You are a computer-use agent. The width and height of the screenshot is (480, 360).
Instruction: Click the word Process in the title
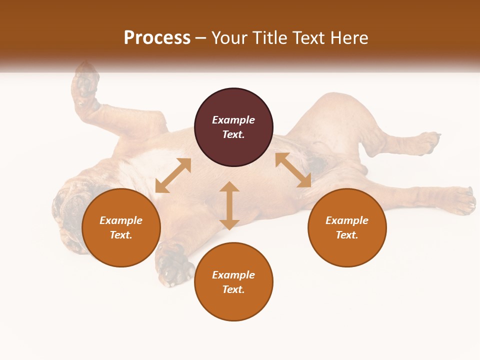click(x=157, y=37)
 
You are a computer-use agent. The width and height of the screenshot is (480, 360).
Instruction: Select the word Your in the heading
click(x=230, y=37)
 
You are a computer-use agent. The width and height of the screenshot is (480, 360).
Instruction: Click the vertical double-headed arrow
click(x=229, y=205)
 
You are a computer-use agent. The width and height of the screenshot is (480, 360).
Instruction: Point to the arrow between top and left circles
click(x=173, y=175)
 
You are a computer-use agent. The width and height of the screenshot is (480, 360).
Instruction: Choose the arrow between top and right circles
click(x=293, y=170)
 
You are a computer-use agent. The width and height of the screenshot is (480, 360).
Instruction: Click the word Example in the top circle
click(x=233, y=120)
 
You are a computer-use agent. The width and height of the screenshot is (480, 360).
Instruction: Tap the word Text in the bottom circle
click(x=233, y=289)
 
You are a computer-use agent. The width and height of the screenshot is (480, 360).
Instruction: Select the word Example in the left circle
click(x=121, y=220)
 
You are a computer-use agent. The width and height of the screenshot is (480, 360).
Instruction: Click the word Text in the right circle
click(x=347, y=235)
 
